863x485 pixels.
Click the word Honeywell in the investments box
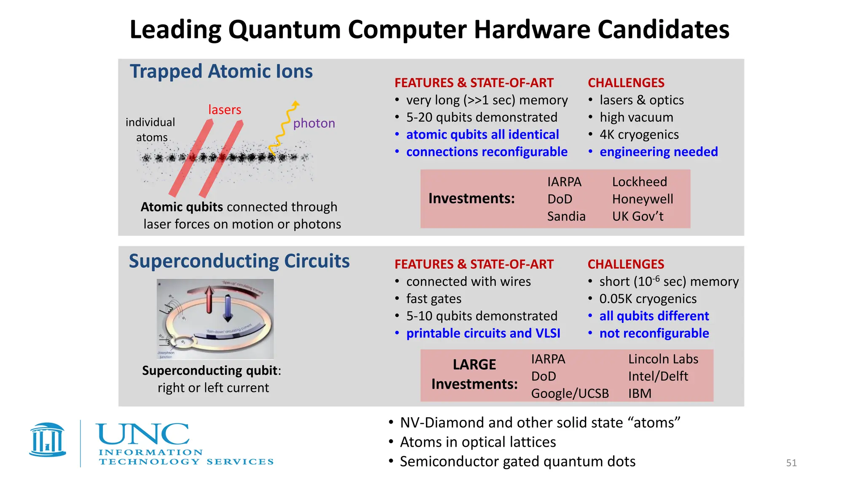642,199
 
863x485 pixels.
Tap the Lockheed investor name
639,182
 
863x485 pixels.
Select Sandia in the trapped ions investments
566,216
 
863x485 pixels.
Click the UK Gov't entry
638,216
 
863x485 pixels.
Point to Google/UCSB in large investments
570,394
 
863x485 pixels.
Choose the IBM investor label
640,394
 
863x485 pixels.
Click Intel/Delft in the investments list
658,376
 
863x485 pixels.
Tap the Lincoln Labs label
663,359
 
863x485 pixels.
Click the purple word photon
314,123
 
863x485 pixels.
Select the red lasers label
225,110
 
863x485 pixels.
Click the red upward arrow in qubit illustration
209,299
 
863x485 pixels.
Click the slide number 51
791,463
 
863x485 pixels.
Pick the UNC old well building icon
48,440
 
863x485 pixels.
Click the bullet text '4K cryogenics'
639,135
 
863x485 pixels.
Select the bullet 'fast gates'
434,299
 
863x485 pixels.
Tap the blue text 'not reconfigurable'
654,333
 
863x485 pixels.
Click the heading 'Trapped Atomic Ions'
221,72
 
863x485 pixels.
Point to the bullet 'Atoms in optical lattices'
478,442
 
